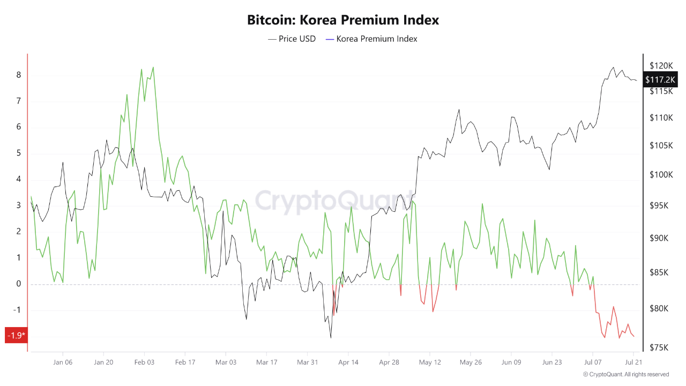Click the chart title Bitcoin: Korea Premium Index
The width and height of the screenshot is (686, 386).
tap(343, 20)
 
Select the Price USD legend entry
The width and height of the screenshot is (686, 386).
tap(292, 39)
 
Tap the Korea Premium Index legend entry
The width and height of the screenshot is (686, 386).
tap(371, 39)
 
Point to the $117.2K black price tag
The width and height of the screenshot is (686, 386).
tap(661, 80)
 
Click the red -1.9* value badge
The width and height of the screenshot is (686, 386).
tap(16, 336)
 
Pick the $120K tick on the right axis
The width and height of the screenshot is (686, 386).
tap(661, 65)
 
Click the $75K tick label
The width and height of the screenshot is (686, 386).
tap(659, 347)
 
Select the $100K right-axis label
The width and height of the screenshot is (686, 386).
tap(661, 175)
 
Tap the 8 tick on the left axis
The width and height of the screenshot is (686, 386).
tap(19, 75)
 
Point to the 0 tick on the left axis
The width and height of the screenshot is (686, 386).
tap(19, 284)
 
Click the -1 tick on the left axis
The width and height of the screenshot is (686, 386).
tap(17, 310)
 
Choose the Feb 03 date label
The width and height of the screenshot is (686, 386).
tap(144, 362)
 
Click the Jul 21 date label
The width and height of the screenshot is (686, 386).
tap(633, 362)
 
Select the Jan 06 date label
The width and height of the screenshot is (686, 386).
tap(63, 362)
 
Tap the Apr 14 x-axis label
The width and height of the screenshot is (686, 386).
tap(348, 362)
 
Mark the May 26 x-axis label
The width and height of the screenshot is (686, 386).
tap(470, 362)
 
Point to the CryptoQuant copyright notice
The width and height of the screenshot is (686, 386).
tap(626, 374)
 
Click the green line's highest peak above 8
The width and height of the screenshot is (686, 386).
tap(153, 68)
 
